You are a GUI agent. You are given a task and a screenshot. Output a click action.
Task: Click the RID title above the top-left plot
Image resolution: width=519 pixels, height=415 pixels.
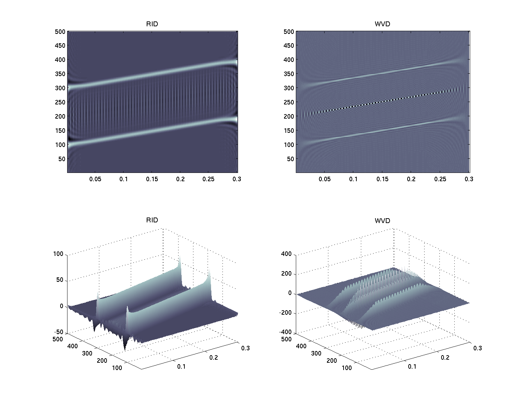click(x=152, y=24)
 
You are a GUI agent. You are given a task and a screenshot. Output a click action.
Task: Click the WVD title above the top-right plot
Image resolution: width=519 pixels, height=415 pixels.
click(x=382, y=24)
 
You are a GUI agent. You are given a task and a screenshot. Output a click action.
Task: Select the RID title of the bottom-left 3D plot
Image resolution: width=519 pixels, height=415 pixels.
click(x=152, y=220)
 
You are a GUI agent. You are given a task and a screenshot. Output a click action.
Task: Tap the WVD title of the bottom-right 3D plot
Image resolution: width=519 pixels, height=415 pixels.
click(x=382, y=220)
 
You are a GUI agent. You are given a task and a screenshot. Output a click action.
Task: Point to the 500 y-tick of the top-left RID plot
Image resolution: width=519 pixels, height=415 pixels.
click(x=60, y=31)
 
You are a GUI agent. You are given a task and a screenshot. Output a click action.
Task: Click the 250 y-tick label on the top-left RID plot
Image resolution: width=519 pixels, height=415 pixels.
click(x=60, y=102)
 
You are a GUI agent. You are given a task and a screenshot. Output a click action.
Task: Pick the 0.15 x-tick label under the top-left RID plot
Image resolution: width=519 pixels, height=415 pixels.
click(x=152, y=179)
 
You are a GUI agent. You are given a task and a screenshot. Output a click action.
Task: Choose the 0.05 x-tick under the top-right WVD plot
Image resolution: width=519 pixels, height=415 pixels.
click(x=325, y=179)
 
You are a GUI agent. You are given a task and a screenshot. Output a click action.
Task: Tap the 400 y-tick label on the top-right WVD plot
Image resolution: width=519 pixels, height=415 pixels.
click(x=289, y=60)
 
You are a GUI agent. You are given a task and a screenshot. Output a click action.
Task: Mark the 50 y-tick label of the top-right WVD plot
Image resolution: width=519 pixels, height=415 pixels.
click(x=290, y=159)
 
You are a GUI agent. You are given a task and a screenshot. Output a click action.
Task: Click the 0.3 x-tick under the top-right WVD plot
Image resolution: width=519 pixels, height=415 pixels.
click(x=469, y=179)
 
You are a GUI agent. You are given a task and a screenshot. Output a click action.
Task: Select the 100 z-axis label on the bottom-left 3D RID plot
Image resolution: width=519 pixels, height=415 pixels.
click(x=58, y=254)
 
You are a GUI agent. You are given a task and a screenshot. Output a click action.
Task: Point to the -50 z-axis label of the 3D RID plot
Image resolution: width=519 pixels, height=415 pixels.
click(x=58, y=332)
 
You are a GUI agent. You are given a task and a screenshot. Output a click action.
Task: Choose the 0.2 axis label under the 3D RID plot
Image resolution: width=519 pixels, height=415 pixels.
click(x=214, y=357)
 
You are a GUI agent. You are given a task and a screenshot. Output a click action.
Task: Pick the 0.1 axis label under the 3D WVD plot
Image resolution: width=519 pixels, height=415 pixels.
click(x=412, y=366)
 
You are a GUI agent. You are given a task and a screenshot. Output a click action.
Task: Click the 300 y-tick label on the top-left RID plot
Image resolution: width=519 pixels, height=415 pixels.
click(x=60, y=88)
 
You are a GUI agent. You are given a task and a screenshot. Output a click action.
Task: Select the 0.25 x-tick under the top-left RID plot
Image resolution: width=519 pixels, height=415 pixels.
click(x=209, y=179)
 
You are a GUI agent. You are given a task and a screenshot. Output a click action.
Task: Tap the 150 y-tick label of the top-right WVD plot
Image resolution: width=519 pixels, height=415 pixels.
click(x=289, y=131)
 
